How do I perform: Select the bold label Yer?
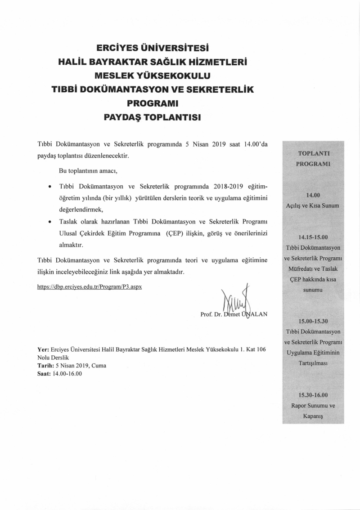pyautogui.click(x=43, y=349)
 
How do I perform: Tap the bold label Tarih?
pyautogui.click(x=46, y=366)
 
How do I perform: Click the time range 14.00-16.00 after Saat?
pyautogui.click(x=67, y=374)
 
